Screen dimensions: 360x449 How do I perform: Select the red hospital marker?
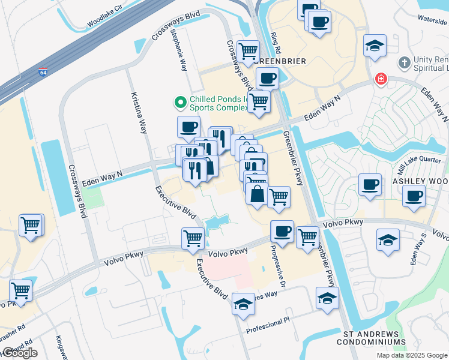pos(379,79)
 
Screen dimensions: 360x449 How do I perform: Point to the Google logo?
pos(20,353)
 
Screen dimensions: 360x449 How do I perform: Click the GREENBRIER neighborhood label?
pos(280,61)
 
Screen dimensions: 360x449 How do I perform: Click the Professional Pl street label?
pos(268,326)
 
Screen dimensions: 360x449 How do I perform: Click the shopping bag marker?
pos(256,195)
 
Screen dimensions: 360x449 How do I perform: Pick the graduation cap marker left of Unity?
pos(375,46)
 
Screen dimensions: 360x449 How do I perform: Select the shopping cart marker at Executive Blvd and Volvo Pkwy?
pos(193,238)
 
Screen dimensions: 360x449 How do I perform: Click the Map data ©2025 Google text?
pos(412,355)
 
